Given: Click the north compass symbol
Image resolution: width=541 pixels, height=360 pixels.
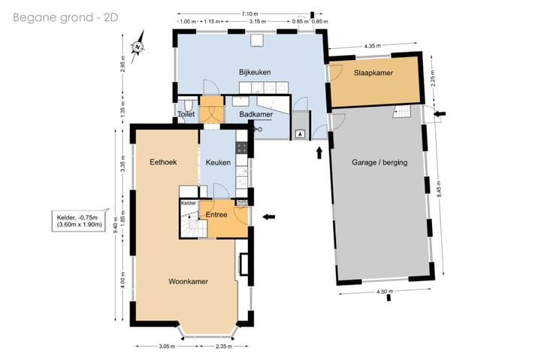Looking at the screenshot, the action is pyautogui.click(x=138, y=47).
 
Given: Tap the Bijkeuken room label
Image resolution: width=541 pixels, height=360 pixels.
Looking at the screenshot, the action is pyautogui.click(x=255, y=72).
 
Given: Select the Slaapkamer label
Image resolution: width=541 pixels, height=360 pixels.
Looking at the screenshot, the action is pyautogui.click(x=373, y=73).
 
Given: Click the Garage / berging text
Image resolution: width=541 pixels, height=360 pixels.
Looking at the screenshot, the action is pyautogui.click(x=379, y=162).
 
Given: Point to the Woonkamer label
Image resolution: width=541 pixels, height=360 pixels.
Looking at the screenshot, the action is pyautogui.click(x=188, y=281).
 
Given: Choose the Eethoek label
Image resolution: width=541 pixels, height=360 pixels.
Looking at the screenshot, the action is pyautogui.click(x=163, y=162).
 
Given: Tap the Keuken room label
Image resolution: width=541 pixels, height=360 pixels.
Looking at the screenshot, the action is pyautogui.click(x=218, y=162).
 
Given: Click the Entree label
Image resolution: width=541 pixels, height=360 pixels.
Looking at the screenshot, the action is pyautogui.click(x=216, y=214).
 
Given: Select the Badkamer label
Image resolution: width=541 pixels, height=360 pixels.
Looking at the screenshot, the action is pyautogui.click(x=256, y=114).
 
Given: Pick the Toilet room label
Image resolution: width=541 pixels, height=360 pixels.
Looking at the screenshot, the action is pyautogui.click(x=186, y=114).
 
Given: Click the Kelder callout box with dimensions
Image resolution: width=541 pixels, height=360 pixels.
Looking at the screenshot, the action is pyautogui.click(x=80, y=220).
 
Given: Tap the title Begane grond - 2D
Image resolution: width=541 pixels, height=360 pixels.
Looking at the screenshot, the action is pyautogui.click(x=65, y=17).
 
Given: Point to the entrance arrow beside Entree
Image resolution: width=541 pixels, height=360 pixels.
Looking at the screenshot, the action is pyautogui.click(x=269, y=216).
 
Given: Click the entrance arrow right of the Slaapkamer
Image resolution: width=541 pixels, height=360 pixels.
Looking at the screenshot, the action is pyautogui.click(x=440, y=113).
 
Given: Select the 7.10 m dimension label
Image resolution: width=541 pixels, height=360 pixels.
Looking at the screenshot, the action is pyautogui.click(x=249, y=14).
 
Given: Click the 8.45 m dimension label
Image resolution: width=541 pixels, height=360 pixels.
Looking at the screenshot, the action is pyautogui.click(x=439, y=189).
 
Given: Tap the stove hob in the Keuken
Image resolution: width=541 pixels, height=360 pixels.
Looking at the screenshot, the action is pyautogui.click(x=241, y=148).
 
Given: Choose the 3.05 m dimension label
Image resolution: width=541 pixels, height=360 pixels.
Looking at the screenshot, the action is pyautogui.click(x=167, y=346).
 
